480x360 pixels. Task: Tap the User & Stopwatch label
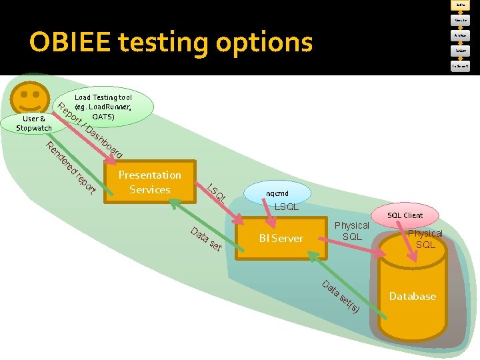34,123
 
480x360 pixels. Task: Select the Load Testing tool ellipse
103,107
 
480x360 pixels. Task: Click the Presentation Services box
149,182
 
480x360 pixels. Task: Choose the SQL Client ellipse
405,215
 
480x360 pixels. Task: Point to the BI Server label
281,238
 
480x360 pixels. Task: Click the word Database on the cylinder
412,296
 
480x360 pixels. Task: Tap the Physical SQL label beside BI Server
351,231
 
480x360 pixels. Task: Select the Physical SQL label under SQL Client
425,239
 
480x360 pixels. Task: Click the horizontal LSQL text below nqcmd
287,207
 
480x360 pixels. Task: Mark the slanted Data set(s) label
341,297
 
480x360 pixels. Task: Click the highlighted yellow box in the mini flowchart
460,5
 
